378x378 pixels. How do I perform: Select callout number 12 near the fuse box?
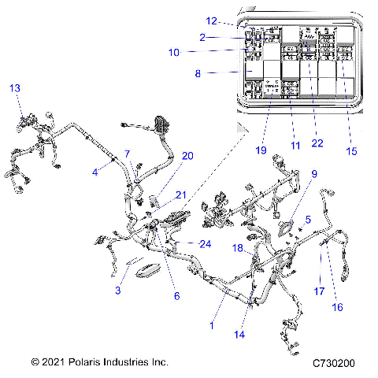[211, 21]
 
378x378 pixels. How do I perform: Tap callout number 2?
[202, 37]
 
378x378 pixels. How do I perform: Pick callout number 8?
[198, 73]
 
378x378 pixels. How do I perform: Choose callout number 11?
[296, 146]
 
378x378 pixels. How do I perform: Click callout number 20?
[187, 156]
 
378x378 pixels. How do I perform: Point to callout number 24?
[206, 244]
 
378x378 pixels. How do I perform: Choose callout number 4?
[94, 172]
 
